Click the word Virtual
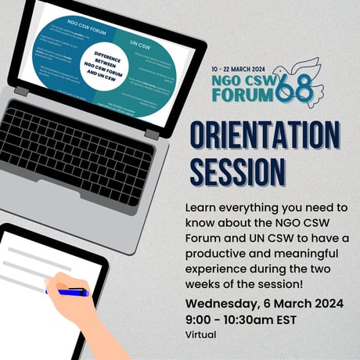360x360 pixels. click(200, 334)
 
